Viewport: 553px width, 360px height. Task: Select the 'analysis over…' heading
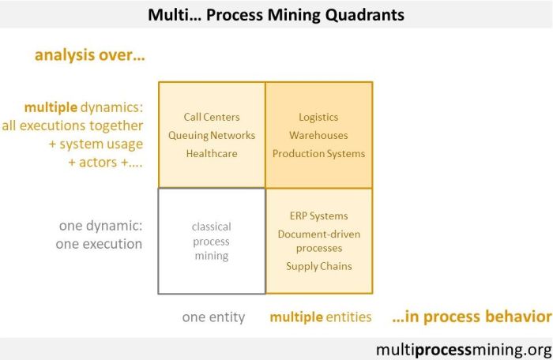(91, 55)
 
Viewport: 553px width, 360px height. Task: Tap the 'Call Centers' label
(212, 117)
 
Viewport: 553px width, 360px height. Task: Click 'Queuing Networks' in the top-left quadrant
(212, 135)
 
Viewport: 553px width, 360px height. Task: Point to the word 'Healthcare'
(212, 153)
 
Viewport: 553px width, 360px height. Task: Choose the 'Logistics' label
(318, 117)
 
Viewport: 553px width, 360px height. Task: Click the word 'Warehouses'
(318, 135)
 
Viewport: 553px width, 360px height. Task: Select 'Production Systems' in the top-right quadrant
(318, 153)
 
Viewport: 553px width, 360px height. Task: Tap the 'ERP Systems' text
(318, 216)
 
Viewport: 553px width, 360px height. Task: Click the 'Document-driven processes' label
(318, 241)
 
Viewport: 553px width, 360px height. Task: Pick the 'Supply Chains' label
(318, 266)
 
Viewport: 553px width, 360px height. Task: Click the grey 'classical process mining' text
(211, 241)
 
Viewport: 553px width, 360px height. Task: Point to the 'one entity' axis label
(213, 317)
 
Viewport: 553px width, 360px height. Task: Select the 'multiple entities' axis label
(320, 317)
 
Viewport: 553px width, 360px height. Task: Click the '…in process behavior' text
(471, 317)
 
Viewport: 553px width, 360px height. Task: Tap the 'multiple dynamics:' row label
(84, 107)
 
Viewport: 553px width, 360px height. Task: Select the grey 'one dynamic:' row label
(100, 226)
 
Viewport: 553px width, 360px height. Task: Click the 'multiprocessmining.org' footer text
(465, 348)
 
